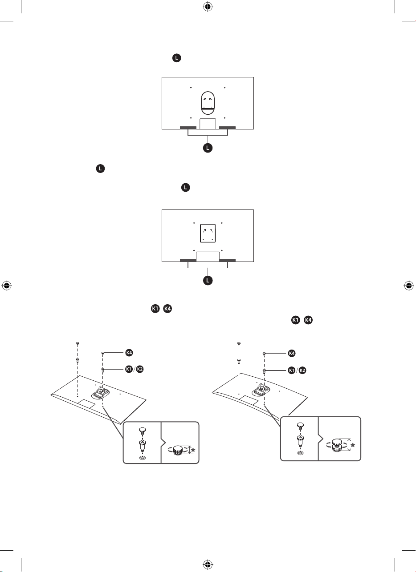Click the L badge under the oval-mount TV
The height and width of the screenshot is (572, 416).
(208, 148)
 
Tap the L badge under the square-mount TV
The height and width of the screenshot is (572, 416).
(208, 280)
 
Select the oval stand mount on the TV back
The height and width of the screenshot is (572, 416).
(208, 103)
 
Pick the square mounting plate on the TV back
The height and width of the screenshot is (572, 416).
(208, 233)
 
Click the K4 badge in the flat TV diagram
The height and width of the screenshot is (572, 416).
(129, 353)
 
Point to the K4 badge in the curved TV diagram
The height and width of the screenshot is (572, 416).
(291, 353)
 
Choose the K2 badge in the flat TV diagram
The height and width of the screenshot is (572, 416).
(140, 369)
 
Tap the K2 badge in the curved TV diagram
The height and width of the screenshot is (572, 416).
(302, 370)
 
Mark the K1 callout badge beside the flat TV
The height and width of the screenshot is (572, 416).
(129, 369)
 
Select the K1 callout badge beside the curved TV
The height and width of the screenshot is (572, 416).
(291, 370)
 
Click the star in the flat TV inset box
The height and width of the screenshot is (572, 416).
(193, 450)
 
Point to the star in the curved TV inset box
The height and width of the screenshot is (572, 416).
(353, 445)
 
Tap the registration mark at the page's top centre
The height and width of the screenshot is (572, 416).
(208, 7)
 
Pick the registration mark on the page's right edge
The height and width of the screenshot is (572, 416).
(409, 286)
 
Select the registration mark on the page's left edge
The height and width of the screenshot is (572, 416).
(7, 286)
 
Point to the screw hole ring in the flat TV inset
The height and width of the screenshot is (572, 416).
(143, 458)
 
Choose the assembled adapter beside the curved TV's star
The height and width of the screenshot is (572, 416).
(337, 445)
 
